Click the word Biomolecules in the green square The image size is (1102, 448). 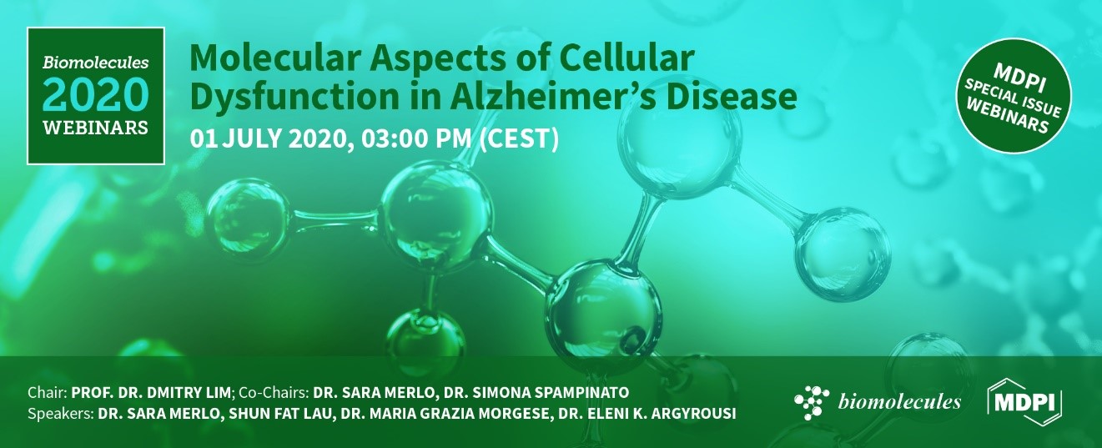point(95,62)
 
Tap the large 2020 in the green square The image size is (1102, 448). point(95,95)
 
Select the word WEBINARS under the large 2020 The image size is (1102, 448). point(95,128)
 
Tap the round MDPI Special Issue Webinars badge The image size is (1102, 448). point(1014,99)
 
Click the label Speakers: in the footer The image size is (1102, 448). point(58,413)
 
